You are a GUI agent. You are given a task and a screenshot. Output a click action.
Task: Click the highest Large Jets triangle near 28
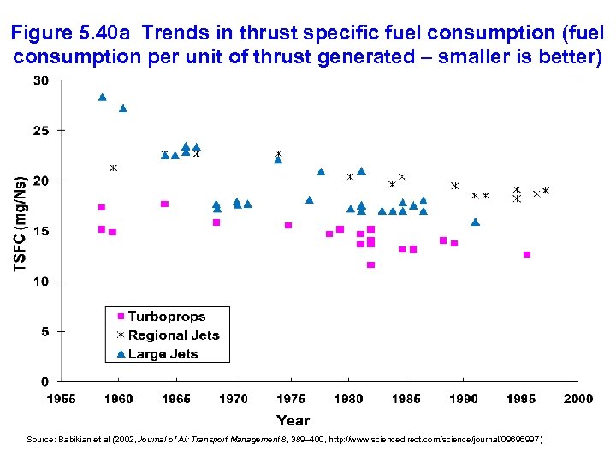pyautogui.click(x=102, y=97)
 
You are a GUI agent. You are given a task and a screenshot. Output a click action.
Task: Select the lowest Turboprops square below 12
pyautogui.click(x=370, y=264)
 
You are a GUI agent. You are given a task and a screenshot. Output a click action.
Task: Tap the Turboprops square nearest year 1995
pyautogui.click(x=527, y=254)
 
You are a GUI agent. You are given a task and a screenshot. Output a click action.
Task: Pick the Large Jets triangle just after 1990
pyautogui.click(x=476, y=222)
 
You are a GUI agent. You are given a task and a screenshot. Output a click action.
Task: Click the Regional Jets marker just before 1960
pyautogui.click(x=113, y=168)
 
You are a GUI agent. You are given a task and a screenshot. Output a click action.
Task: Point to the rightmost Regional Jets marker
pyautogui.click(x=545, y=190)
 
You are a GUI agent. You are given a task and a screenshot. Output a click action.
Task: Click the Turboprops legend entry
pyautogui.click(x=166, y=317)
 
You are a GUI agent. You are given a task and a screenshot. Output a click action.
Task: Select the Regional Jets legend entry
pyautogui.click(x=173, y=335)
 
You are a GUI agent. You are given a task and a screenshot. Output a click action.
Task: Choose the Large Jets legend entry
pyautogui.click(x=163, y=353)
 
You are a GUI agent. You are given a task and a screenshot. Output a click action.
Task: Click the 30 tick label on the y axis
pyautogui.click(x=41, y=80)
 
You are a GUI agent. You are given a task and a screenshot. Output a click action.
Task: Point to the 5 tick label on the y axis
pyautogui.click(x=44, y=331)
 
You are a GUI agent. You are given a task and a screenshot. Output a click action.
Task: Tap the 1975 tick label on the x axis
pyautogui.click(x=291, y=399)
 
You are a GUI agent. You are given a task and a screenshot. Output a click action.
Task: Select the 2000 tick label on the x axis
pyautogui.click(x=578, y=399)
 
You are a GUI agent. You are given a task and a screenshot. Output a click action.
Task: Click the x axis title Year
pyautogui.click(x=293, y=419)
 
